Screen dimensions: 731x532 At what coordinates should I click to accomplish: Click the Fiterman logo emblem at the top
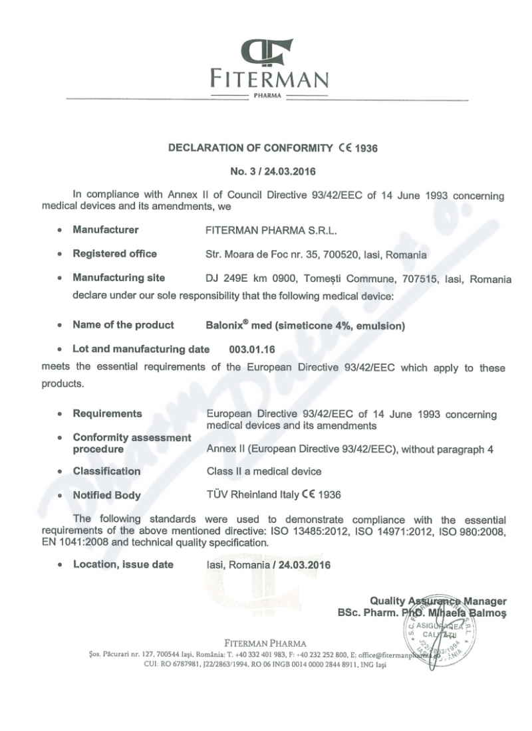pos(269,53)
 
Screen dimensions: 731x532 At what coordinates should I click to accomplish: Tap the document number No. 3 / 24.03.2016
pos(269,171)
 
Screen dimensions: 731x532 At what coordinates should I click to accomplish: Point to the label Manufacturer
pos(106,230)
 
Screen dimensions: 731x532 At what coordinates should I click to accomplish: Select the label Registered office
pos(114,253)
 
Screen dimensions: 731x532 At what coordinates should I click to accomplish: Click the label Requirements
pos(107,413)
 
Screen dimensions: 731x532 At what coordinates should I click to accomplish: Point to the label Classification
pos(106,471)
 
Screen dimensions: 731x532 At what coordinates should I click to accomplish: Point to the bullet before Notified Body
pos(60,495)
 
